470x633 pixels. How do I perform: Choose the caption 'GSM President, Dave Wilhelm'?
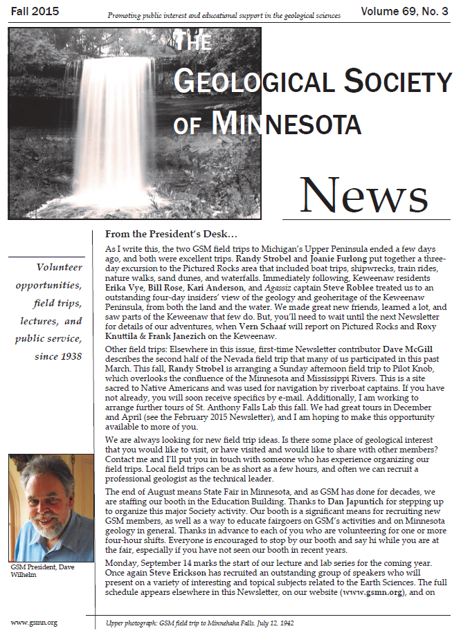[44, 572]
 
